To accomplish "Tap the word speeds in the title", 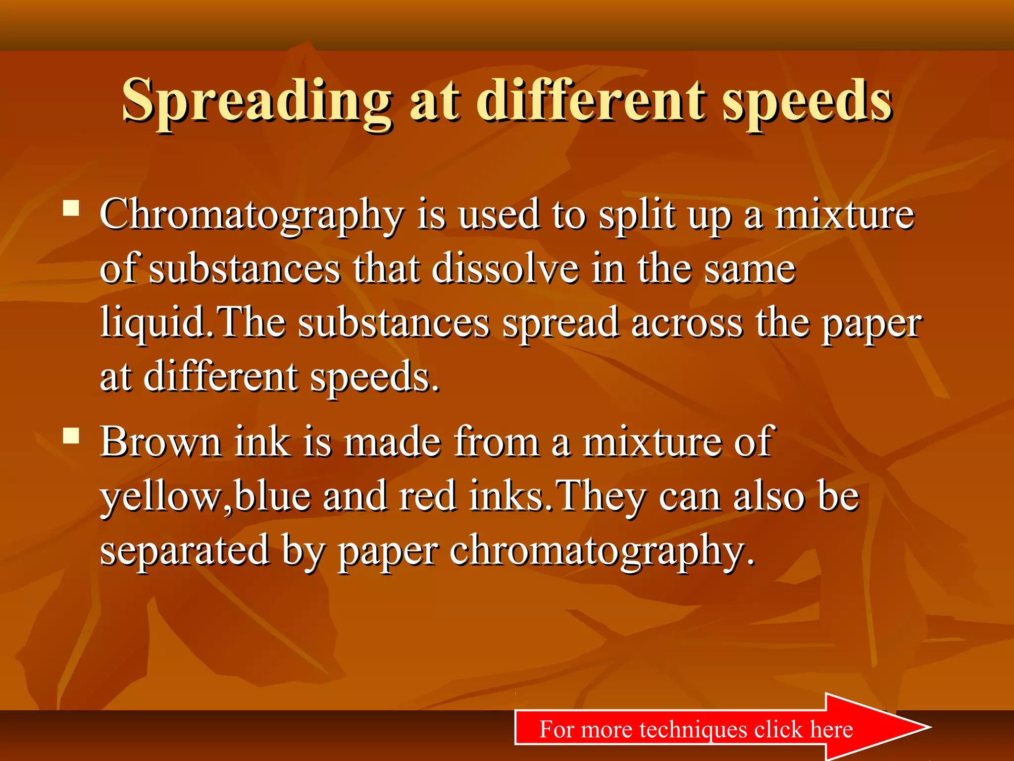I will click(807, 102).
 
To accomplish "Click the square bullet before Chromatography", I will click(71, 208).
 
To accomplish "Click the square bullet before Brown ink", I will click(71, 435).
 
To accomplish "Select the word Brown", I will click(160, 441).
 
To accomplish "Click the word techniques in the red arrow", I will click(693, 729).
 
